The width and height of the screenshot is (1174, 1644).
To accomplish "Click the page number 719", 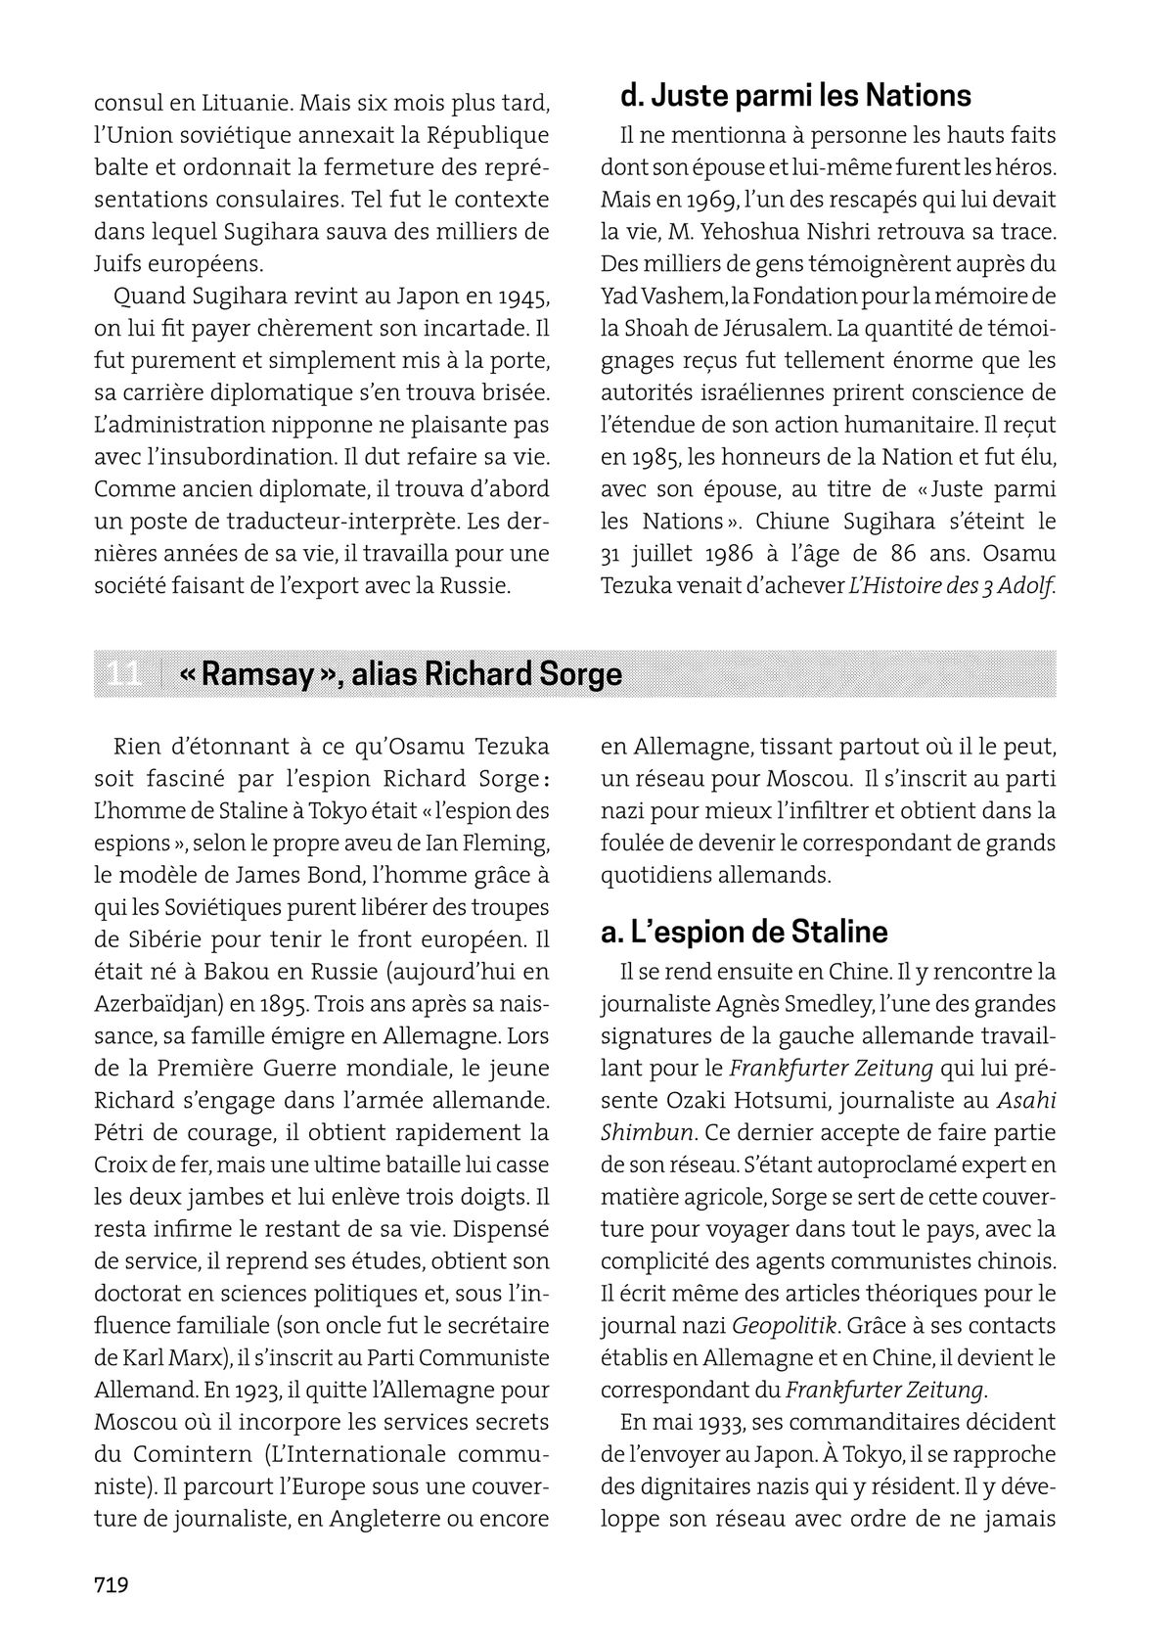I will pos(112,1584).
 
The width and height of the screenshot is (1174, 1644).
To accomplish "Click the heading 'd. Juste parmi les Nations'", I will pos(795,96).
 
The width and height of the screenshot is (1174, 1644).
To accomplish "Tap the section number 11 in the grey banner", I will pos(123,674).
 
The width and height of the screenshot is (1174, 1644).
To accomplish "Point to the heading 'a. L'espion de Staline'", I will pos(744,932).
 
